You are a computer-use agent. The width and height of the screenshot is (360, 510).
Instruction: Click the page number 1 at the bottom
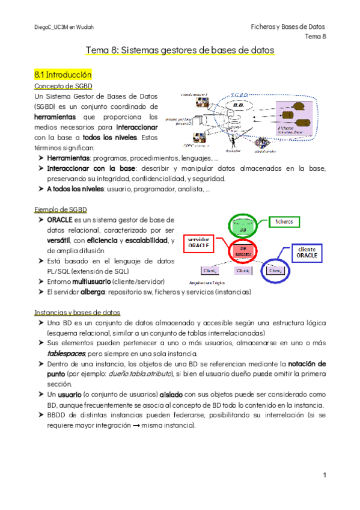pos(324,476)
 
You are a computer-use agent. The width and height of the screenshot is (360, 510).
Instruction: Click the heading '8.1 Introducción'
pos(63,75)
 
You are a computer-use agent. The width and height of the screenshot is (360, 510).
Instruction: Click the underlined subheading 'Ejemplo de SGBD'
pos(61,209)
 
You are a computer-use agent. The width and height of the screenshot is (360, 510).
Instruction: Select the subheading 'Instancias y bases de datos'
pos(77,313)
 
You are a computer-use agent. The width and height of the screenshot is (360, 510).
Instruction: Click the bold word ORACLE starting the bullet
pos(59,220)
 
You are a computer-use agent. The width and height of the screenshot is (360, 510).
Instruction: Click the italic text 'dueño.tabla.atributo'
pos(141,374)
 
